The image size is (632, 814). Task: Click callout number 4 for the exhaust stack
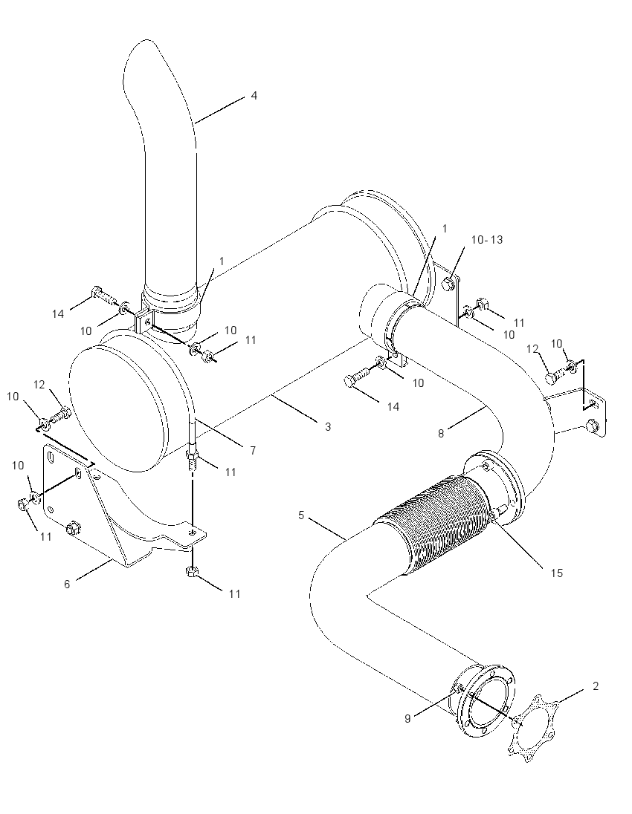pos(254,96)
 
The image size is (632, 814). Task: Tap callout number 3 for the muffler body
pos(327,427)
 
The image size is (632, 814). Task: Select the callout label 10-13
pos(487,240)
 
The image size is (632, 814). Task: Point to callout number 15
pos(557,573)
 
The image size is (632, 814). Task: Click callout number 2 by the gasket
pos(596,686)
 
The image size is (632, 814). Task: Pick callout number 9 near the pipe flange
pos(407,718)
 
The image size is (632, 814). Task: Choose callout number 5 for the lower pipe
pos(301,515)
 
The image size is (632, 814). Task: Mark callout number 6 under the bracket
pos(67,584)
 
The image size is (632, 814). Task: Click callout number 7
pos(253,451)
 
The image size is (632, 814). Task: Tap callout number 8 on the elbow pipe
pos(441,434)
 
